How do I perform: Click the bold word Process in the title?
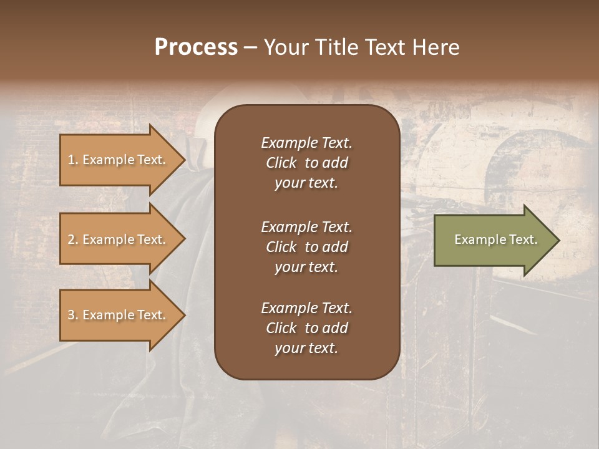point(196,47)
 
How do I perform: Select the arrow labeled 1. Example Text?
point(119,160)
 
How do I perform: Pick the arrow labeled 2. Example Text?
point(119,239)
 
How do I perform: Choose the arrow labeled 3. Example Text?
point(119,315)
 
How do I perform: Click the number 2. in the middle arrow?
point(73,239)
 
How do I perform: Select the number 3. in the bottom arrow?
point(73,315)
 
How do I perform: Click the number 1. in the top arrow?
point(73,160)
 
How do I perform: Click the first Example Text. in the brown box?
point(306,143)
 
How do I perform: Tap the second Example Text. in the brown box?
point(306,227)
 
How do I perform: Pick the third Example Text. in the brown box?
point(306,308)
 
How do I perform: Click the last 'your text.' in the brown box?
point(306,348)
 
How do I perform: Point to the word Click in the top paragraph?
point(281,163)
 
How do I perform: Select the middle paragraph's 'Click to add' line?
point(306,247)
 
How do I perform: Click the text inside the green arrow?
point(495,239)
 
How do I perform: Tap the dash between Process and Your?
point(250,47)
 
